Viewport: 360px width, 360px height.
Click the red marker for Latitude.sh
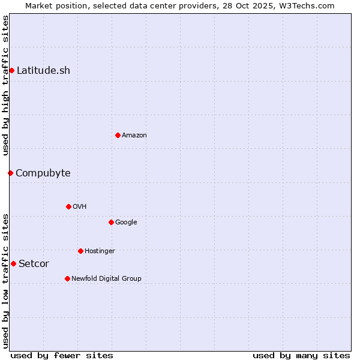(11, 70)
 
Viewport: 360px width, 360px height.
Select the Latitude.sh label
(43, 70)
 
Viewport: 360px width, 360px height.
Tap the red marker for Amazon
(118, 135)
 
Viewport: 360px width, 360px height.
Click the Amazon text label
(134, 135)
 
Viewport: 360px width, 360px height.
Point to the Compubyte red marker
(10, 173)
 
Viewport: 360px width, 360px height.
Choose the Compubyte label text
(43, 173)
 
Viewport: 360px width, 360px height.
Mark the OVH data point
(68, 206)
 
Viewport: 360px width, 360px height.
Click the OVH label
(80, 206)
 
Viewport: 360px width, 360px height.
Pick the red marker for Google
(111, 222)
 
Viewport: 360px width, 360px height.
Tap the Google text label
(126, 222)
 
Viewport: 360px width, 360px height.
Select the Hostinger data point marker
(80, 251)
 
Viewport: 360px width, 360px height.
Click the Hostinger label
(100, 251)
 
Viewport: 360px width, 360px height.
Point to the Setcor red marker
(13, 263)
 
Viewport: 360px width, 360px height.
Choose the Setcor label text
(34, 263)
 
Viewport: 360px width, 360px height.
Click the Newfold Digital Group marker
(67, 278)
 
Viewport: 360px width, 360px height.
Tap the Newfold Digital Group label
(106, 278)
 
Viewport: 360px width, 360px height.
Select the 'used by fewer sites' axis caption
(62, 355)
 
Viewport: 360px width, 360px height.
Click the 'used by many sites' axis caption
(301, 355)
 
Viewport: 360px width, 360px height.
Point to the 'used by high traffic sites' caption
(5, 85)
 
